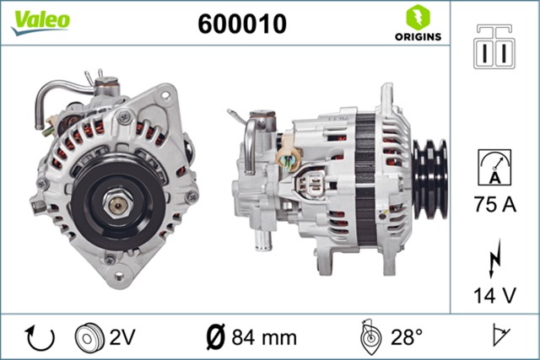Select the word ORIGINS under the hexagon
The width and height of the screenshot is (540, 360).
tap(416, 36)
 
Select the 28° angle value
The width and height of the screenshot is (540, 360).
tap(406, 338)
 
